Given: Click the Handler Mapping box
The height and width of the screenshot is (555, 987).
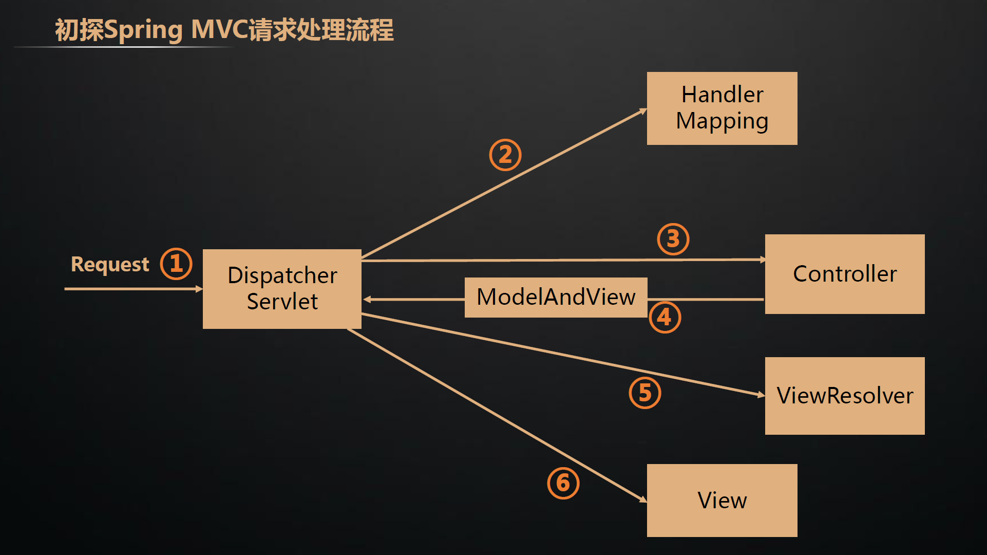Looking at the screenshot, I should [x=722, y=108].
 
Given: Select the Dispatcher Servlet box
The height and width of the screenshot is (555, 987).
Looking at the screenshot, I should [x=282, y=289].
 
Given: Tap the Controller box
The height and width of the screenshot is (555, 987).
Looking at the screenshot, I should [x=844, y=274].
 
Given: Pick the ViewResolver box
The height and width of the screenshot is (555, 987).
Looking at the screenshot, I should [x=844, y=396].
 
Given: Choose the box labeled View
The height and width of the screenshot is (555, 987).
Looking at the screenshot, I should [x=722, y=501].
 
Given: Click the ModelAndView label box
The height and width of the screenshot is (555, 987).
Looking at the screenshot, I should [x=556, y=298].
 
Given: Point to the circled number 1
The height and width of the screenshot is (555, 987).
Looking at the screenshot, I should [x=176, y=264].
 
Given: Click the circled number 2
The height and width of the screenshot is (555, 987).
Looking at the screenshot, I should [x=505, y=155].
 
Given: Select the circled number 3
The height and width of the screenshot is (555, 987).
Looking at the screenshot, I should [x=673, y=239].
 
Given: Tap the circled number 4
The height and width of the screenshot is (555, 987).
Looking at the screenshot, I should [x=665, y=317].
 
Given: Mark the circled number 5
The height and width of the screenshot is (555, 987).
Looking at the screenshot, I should [x=645, y=393].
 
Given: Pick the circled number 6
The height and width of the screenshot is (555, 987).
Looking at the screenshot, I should [x=563, y=483].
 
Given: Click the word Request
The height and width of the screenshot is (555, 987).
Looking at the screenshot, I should [x=110, y=265].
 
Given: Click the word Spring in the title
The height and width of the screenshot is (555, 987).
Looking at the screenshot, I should [x=143, y=30].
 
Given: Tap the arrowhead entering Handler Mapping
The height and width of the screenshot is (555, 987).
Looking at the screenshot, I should [x=643, y=110].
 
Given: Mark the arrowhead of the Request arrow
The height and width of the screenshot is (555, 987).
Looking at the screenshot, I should [x=199, y=289].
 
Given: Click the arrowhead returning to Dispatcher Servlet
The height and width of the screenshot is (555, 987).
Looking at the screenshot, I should [x=367, y=299].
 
